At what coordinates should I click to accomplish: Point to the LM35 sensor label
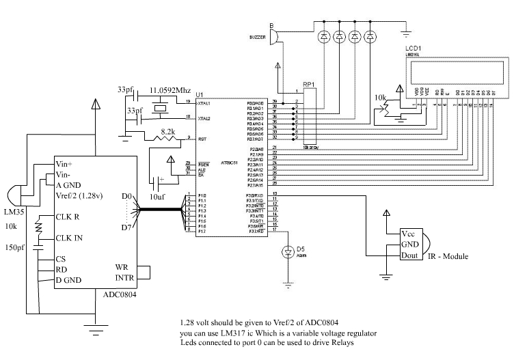click(13, 207)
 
